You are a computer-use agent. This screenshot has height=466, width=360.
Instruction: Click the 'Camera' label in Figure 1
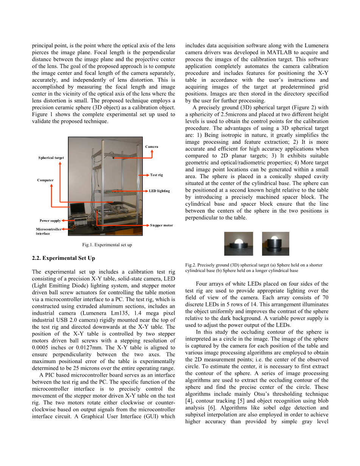152,147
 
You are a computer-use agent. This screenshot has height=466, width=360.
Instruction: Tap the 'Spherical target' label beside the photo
51,158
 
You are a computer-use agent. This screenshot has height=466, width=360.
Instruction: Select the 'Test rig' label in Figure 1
156,175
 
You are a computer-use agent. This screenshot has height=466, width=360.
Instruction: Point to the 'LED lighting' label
159,191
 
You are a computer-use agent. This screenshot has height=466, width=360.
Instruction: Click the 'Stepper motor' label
161,225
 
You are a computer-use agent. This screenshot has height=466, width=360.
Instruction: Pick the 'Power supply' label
50,221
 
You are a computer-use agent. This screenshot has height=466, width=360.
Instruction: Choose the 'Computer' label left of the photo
45,180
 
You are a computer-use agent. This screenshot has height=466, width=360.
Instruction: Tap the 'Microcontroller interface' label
48,231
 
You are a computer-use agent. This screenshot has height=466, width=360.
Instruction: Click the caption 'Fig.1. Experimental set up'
107,245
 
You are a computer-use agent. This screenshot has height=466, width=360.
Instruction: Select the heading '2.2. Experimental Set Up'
64,258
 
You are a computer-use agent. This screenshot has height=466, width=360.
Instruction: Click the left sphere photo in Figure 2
239,244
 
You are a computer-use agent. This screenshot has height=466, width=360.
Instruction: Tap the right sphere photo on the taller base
276,244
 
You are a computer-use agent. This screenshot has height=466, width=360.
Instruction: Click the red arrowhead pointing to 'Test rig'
148,175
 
